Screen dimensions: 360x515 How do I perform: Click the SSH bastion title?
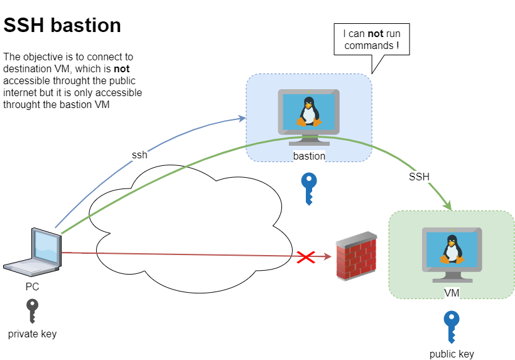(x=62, y=25)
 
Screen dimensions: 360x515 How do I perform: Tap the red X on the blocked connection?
(x=306, y=256)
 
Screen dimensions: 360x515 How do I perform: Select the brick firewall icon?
(x=356, y=256)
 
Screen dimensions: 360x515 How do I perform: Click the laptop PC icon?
(x=33, y=253)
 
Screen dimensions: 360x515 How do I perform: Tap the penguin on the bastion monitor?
(x=308, y=112)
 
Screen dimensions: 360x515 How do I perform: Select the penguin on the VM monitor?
(x=451, y=249)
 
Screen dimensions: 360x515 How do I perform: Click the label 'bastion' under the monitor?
(x=309, y=156)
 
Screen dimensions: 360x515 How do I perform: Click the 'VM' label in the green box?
(x=452, y=292)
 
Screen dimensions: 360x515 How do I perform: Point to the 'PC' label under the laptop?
(x=32, y=286)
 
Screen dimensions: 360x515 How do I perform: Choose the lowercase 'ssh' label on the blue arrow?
(x=139, y=155)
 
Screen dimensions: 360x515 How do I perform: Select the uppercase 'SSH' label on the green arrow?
(x=419, y=177)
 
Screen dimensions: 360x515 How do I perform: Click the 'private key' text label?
(x=32, y=334)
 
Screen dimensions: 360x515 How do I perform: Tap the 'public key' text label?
(x=452, y=354)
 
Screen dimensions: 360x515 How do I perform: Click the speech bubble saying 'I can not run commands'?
(x=371, y=40)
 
